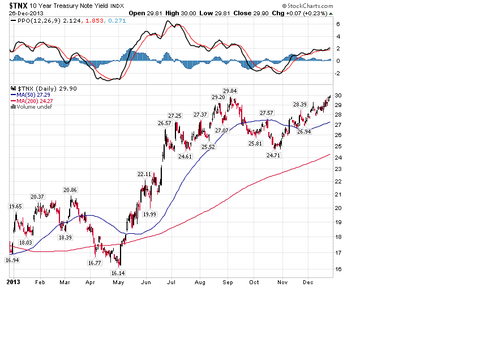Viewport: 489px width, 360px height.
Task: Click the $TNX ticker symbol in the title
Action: point(19,5)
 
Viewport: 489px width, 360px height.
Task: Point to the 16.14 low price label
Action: point(118,272)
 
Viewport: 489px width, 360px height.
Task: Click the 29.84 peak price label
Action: point(230,91)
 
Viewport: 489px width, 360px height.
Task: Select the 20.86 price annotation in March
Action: point(71,190)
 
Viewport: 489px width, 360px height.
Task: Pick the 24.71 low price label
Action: point(274,155)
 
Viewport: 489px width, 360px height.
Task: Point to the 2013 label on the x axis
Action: point(13,281)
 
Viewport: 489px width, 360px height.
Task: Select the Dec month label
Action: point(308,281)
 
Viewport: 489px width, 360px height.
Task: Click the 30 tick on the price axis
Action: point(337,95)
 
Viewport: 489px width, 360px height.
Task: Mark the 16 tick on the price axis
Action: point(337,269)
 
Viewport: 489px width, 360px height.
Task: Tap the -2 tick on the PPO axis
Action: point(338,73)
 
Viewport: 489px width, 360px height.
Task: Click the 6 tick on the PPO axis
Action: point(338,24)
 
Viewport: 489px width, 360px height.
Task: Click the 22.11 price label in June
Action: point(144,174)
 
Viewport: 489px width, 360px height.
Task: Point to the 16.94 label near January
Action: point(12,260)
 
